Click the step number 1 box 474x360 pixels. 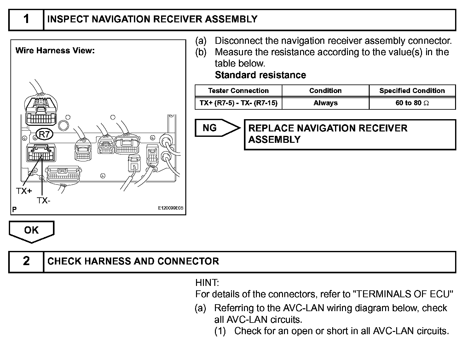(x=26, y=20)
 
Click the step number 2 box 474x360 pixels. (x=26, y=261)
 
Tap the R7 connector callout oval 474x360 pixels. (x=44, y=134)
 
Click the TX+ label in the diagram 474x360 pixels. (x=24, y=191)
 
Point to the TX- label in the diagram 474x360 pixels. (x=44, y=200)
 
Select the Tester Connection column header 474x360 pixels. (x=238, y=91)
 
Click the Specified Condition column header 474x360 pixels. (x=412, y=91)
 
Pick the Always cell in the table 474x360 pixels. (x=325, y=103)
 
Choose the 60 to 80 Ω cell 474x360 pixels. (x=412, y=103)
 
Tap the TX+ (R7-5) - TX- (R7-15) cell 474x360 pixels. (x=238, y=103)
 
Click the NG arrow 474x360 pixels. (x=217, y=128)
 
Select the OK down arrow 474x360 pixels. (x=32, y=231)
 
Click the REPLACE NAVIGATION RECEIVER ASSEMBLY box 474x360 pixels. (x=350, y=134)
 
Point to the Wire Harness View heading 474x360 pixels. (x=55, y=50)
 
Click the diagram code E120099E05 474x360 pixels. (x=171, y=208)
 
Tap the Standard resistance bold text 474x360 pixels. (x=260, y=75)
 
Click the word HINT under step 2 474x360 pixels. (x=207, y=282)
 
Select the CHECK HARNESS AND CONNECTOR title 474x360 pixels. (x=133, y=261)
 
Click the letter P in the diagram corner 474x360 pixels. (x=14, y=209)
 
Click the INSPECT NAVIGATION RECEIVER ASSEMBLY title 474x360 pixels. (x=152, y=20)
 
